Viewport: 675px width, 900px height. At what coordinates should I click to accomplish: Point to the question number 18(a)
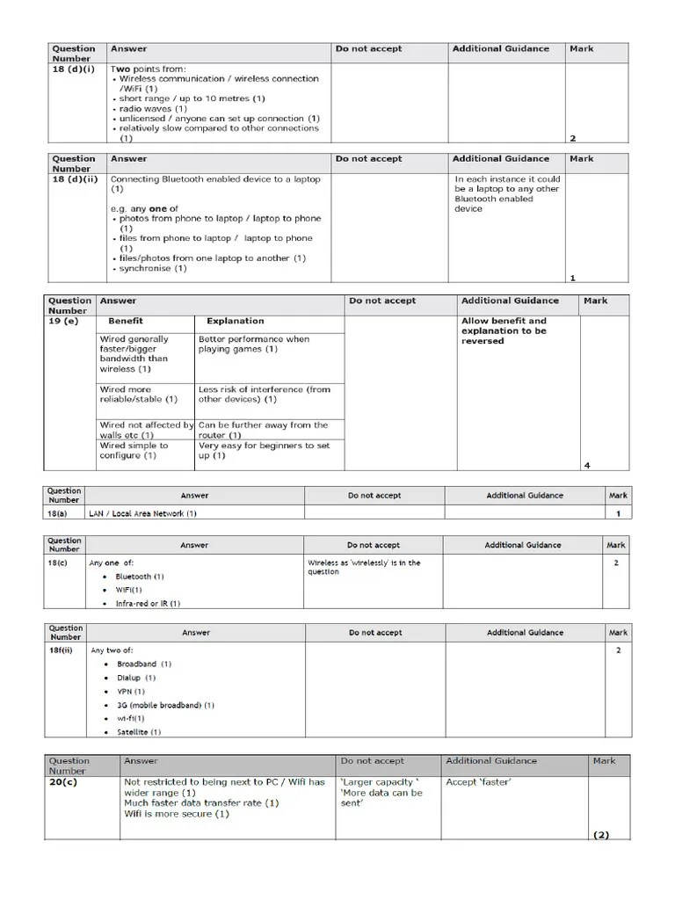point(59,513)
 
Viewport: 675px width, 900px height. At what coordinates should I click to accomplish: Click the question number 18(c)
point(59,562)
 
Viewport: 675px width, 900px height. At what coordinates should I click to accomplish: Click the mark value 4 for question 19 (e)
point(587,465)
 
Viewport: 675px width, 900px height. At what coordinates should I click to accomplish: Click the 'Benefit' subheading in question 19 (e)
point(125,322)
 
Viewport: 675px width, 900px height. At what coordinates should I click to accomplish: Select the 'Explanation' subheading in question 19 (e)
point(235,322)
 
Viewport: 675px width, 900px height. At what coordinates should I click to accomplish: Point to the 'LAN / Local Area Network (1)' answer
point(142,513)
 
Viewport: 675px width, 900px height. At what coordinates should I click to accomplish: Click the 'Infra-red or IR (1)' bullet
point(147,604)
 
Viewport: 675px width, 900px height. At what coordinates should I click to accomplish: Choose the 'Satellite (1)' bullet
point(139,731)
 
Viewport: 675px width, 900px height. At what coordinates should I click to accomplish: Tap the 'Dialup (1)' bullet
point(136,678)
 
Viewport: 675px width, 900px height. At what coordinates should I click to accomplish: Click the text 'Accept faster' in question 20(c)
point(479,782)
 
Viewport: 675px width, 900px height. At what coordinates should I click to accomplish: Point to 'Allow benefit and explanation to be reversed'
point(504,331)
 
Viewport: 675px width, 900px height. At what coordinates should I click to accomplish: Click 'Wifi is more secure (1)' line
point(176,814)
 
